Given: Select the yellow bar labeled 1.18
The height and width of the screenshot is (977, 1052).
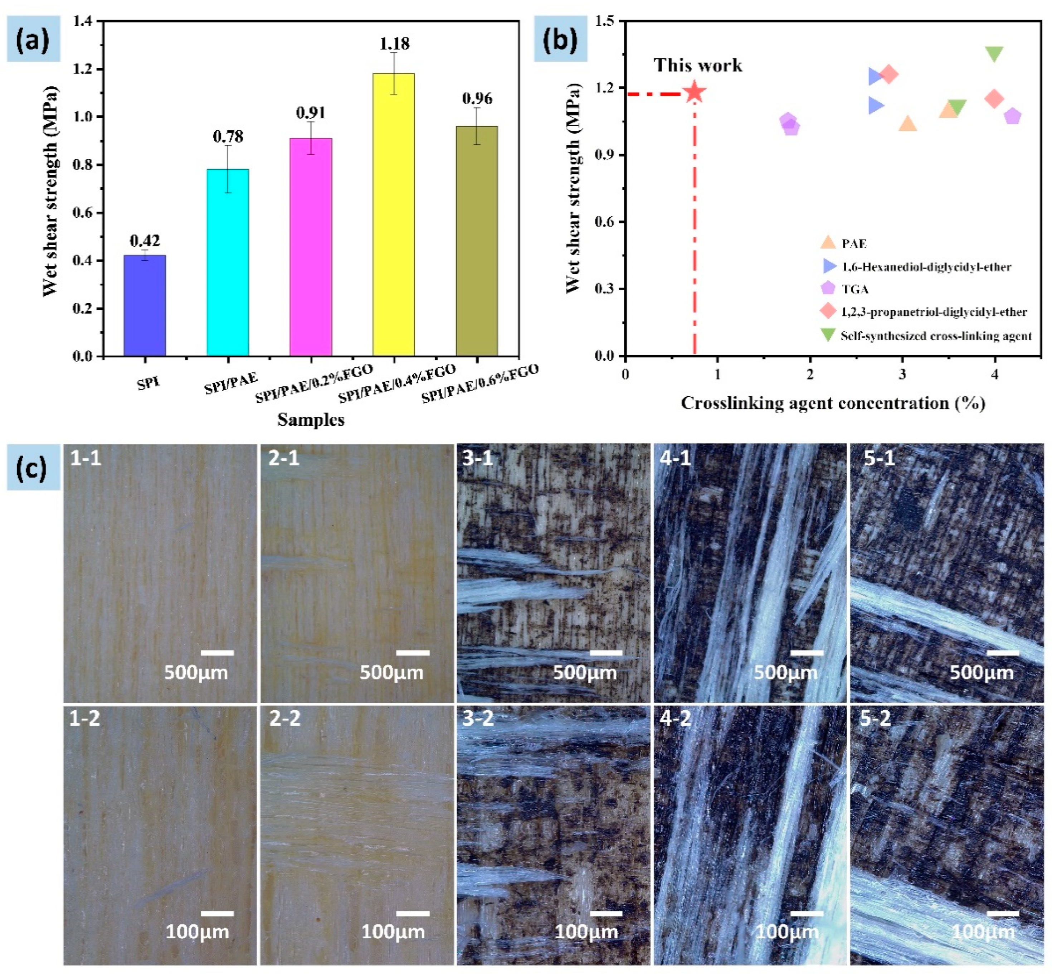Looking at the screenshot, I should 393,214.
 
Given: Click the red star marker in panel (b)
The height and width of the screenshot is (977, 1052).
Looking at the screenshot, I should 694,92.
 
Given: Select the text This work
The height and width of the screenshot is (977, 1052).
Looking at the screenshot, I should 697,65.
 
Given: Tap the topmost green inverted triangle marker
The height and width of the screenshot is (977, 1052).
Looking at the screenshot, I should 994,53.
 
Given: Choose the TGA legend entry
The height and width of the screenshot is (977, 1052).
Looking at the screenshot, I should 854,289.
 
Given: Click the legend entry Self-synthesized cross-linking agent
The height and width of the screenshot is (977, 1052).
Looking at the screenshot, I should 935,335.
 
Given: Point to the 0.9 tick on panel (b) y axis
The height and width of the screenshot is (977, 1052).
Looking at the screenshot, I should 604,155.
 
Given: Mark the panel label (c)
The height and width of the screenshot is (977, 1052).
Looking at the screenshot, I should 32,468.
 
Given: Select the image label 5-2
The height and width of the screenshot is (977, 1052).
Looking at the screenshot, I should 875,718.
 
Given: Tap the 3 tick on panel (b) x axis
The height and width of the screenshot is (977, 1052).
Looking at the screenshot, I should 902,374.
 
